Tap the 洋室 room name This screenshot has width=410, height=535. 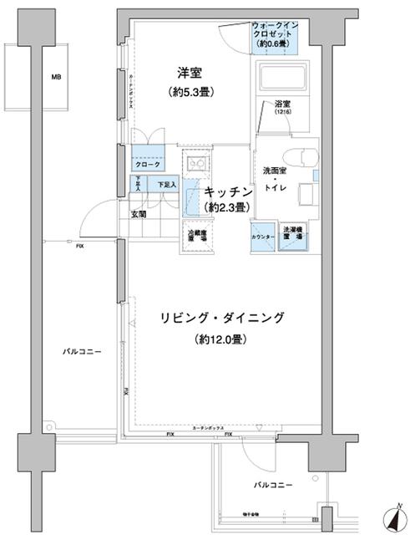click(186, 73)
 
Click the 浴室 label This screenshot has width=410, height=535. click(283, 104)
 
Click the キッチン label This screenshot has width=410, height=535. click(228, 192)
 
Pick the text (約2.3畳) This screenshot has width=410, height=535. click(227, 207)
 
